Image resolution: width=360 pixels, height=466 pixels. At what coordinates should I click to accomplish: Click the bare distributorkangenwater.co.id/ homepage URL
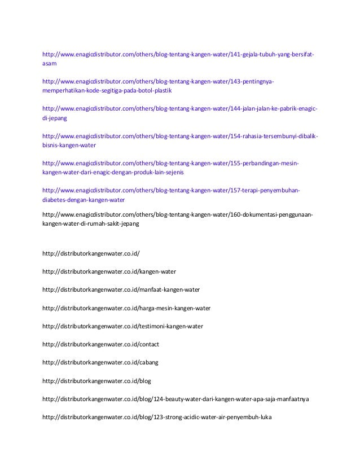click(90, 253)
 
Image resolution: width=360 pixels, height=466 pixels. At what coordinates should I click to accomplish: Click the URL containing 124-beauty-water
click(175, 399)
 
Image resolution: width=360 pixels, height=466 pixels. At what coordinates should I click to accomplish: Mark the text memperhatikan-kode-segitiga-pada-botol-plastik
click(107, 90)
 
